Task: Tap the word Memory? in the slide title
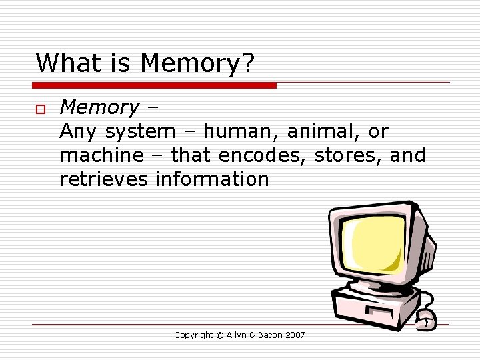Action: [x=197, y=64]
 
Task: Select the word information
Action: [x=212, y=179]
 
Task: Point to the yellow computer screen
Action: [x=377, y=242]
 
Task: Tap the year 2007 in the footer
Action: [x=294, y=335]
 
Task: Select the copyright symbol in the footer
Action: [x=221, y=335]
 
